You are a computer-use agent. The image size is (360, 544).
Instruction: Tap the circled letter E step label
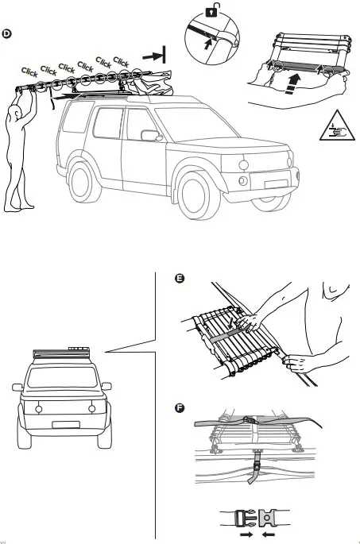coord(180,278)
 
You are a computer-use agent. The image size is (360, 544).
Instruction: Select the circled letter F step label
coord(180,408)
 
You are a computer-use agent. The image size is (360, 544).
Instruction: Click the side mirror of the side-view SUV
coord(149,135)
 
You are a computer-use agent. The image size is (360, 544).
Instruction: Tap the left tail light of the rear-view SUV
coord(36,408)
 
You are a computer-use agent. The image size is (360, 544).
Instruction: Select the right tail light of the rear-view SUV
coord(92,408)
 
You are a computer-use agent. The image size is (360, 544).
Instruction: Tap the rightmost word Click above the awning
coord(122,61)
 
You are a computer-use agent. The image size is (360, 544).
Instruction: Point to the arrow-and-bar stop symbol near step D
coord(154,55)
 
